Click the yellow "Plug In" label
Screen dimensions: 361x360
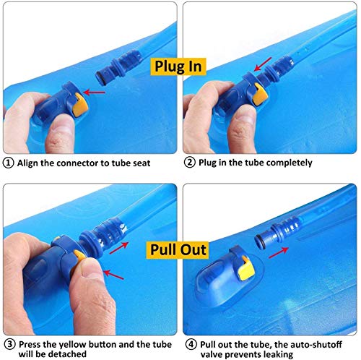pos(178,67)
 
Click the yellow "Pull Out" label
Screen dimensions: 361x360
pos(178,250)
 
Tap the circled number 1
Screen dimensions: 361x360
pos(8,163)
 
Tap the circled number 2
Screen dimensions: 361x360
pos(190,163)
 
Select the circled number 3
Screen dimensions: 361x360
pos(9,344)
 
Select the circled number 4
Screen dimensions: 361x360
pos(191,344)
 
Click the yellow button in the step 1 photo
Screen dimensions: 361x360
pos(80,104)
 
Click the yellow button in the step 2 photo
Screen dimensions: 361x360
pos(260,95)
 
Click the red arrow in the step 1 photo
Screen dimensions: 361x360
pos(94,93)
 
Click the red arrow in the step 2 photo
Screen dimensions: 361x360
pos(263,64)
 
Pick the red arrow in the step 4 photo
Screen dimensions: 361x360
pos(279,252)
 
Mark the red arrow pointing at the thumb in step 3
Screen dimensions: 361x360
pos(113,275)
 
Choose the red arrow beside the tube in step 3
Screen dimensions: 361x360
pos(118,248)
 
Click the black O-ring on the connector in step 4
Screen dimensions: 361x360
pos(261,241)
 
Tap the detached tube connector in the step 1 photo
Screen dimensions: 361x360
pos(118,67)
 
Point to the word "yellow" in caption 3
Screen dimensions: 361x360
pos(72,344)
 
